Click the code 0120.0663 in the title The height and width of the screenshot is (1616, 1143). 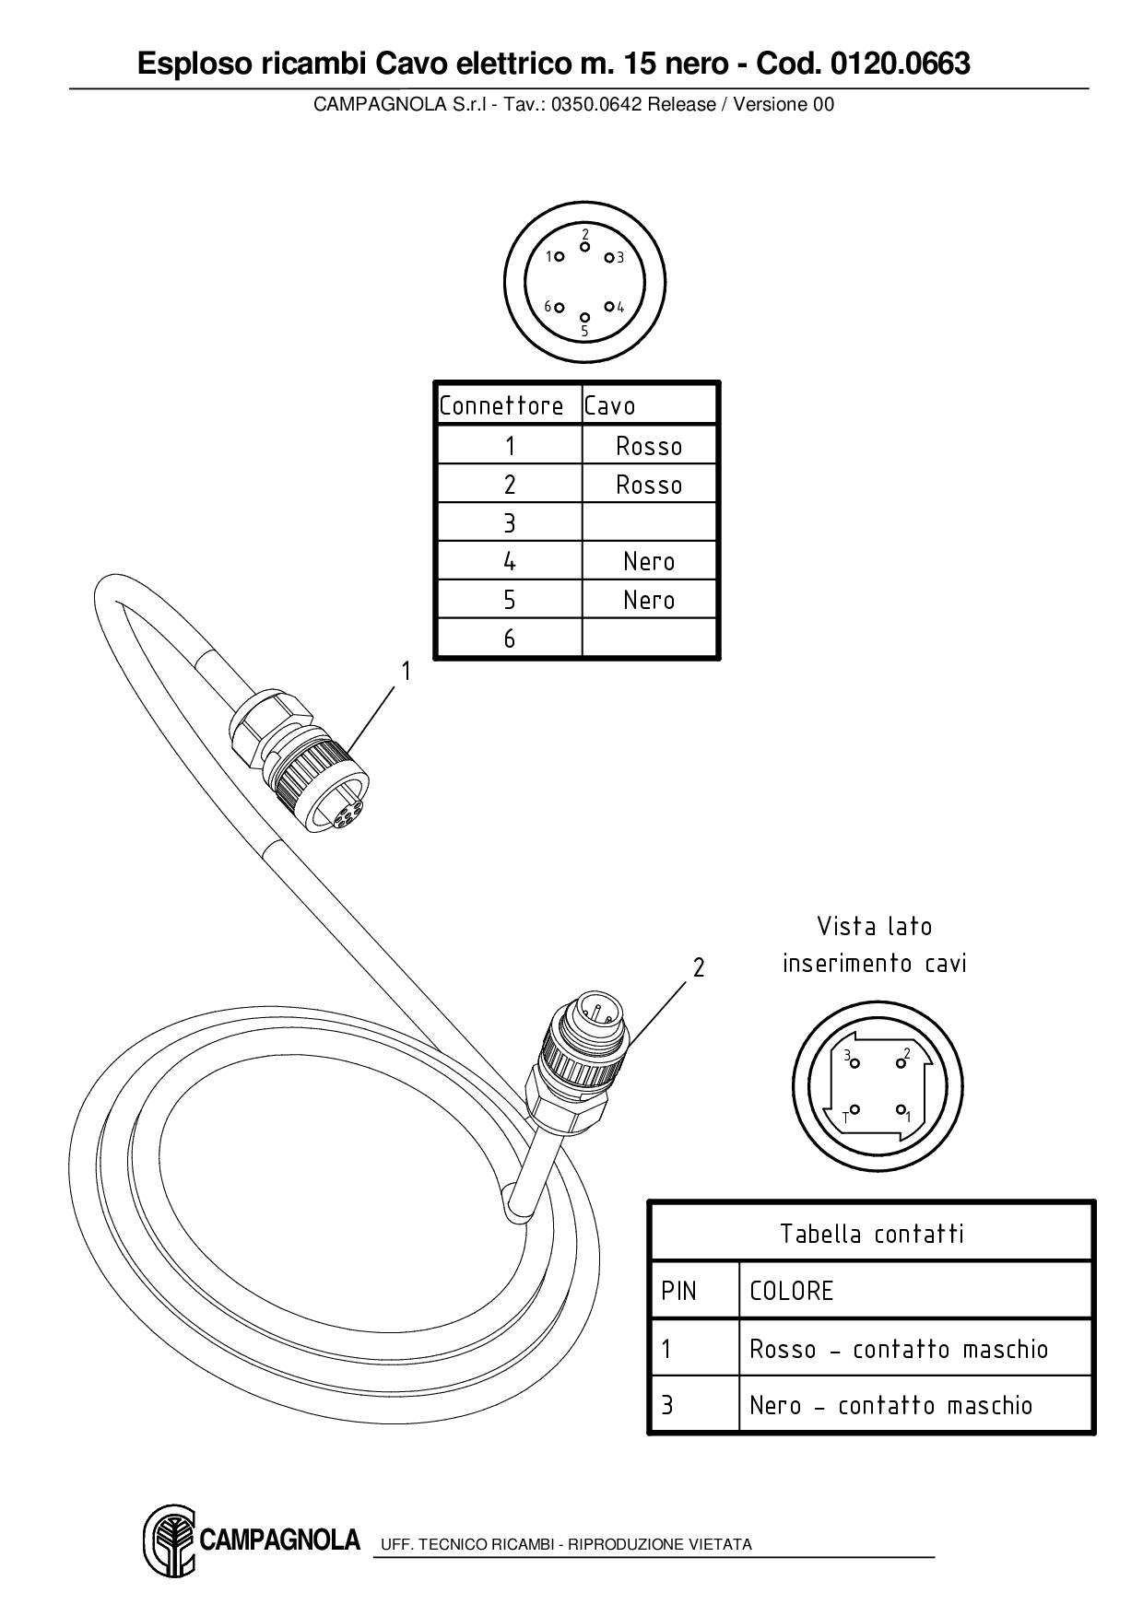pyautogui.click(x=900, y=64)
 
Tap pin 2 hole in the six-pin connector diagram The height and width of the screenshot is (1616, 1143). pyautogui.click(x=584, y=247)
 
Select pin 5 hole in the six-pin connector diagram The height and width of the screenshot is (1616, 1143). pyautogui.click(x=584, y=318)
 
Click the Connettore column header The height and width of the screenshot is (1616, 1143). pyautogui.click(x=501, y=405)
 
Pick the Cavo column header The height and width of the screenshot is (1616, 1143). pyautogui.click(x=610, y=405)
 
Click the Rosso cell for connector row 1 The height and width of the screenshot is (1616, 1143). pyautogui.click(x=649, y=446)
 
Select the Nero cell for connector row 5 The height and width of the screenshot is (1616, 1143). pyautogui.click(x=649, y=600)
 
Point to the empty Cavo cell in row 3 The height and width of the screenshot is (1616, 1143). pyautogui.click(x=649, y=522)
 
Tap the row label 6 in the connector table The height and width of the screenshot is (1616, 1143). pyautogui.click(x=509, y=638)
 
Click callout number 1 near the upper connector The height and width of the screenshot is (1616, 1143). pyautogui.click(x=405, y=672)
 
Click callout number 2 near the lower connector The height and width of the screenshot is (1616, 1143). pyautogui.click(x=699, y=967)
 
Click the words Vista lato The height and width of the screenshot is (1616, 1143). pyautogui.click(x=874, y=926)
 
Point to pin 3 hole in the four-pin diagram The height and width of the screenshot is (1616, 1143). pyautogui.click(x=854, y=1064)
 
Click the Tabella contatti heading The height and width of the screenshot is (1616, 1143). pyautogui.click(x=872, y=1234)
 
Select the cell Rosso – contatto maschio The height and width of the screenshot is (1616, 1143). pyautogui.click(x=899, y=1349)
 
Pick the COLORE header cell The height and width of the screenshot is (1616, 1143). pyautogui.click(x=792, y=1291)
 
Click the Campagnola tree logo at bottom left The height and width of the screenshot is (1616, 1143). pyautogui.click(x=169, y=1540)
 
